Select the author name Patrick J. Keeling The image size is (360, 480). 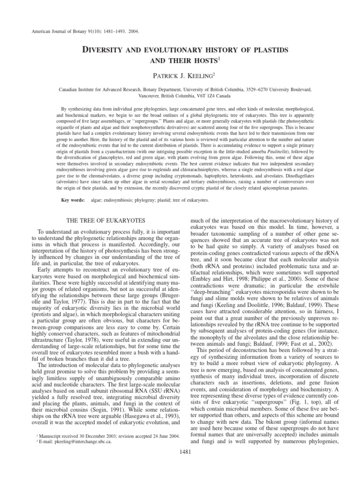[x=180, y=75]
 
